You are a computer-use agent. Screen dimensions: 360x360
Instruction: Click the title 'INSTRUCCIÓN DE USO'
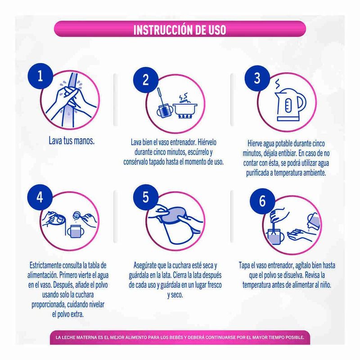click(180, 30)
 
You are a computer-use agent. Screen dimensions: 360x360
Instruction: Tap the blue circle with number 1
click(40, 76)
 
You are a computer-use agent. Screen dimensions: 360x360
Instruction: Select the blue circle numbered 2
click(146, 80)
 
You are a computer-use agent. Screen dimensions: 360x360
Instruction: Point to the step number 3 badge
click(257, 78)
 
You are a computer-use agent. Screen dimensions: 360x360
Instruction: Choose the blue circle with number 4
click(40, 197)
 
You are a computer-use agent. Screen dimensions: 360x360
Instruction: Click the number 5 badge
click(146, 197)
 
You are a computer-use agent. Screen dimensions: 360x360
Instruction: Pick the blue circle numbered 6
click(262, 201)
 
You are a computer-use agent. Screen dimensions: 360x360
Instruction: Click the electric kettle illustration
click(290, 104)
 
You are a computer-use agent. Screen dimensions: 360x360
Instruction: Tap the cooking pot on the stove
click(185, 109)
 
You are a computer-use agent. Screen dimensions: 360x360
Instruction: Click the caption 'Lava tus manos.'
click(72, 141)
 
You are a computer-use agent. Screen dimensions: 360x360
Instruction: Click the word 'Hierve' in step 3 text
click(254, 144)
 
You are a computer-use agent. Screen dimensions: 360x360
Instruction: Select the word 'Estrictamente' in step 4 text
click(45, 265)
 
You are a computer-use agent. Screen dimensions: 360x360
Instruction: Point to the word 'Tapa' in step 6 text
click(244, 265)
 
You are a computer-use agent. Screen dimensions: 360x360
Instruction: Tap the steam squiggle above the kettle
click(278, 84)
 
